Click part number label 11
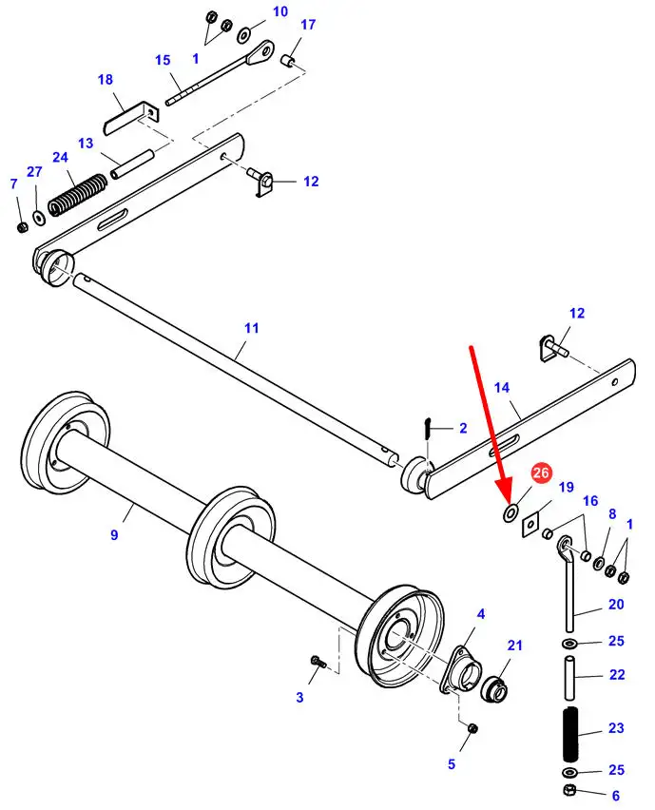click(251, 328)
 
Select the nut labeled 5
click(474, 728)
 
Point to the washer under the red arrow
click(510, 513)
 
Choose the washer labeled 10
click(245, 36)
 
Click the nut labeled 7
click(21, 226)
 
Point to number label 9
click(114, 535)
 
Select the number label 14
click(502, 388)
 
